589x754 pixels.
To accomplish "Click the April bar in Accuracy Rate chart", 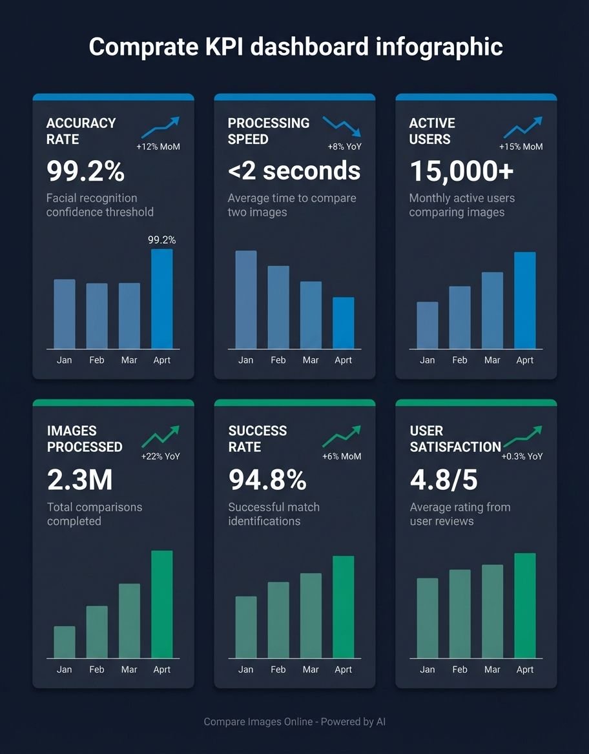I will pos(161,299).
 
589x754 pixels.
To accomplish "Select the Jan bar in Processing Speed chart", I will pos(245,300).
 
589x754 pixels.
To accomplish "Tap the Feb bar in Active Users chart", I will pos(460,318).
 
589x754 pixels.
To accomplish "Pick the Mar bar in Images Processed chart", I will pos(129,621).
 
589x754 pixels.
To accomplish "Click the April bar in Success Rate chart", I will pos(343,607).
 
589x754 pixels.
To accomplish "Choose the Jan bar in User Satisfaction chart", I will pos(428,618).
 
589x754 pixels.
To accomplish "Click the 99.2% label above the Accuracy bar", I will pos(161,240).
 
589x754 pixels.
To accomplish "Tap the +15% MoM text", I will pos(521,147).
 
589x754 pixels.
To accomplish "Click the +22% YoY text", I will pos(161,456).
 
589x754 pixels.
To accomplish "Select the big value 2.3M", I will pos(79,480).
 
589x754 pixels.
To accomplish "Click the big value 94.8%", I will pos(267,480).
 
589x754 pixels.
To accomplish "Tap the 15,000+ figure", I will pos(462,171).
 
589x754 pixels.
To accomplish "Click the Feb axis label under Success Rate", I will pos(278,669).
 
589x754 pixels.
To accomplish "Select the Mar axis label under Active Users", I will pos(492,360).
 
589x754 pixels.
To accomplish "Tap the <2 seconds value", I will pos(294,171).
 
